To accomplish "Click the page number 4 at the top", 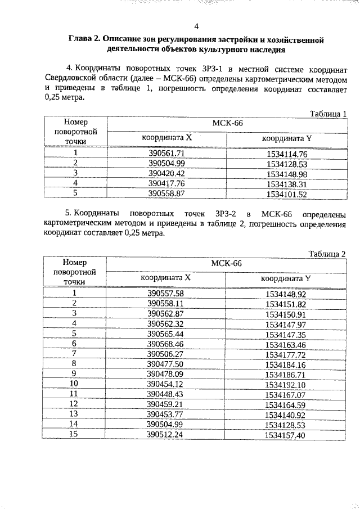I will pyautogui.click(x=196, y=26).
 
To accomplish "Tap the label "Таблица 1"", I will pyautogui.click(x=328, y=114).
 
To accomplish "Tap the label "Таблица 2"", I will pyautogui.click(x=328, y=253).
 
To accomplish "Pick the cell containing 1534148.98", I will pyautogui.click(x=287, y=173).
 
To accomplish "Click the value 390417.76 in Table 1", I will pyautogui.click(x=166, y=183).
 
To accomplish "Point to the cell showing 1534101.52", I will pyautogui.click(x=287, y=193).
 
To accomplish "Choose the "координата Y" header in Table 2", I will pyautogui.click(x=286, y=278).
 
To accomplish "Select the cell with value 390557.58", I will pyautogui.click(x=165, y=293).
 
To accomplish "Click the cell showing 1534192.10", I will pyautogui.click(x=286, y=384).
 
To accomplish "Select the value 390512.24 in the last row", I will pyautogui.click(x=165, y=435).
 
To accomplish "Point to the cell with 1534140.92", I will pyautogui.click(x=286, y=415).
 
